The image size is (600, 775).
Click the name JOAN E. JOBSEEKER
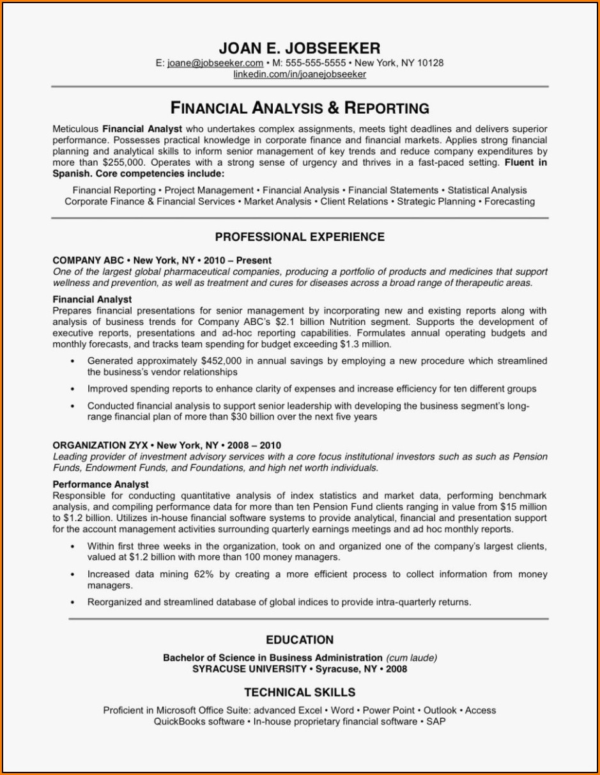click(x=299, y=48)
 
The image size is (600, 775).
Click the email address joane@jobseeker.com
click(x=215, y=63)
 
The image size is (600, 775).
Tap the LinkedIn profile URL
click(x=300, y=74)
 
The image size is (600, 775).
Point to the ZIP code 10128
click(x=430, y=63)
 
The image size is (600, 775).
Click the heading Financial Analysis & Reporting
click(x=300, y=107)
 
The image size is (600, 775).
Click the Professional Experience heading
click(x=300, y=237)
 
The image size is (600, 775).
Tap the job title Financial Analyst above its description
click(x=92, y=299)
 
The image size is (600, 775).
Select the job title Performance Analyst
click(x=100, y=484)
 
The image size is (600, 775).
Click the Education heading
click(x=300, y=640)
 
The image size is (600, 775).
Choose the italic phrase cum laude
click(x=411, y=657)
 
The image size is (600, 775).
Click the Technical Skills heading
click(x=300, y=693)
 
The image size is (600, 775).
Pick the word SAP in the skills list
click(x=436, y=721)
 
